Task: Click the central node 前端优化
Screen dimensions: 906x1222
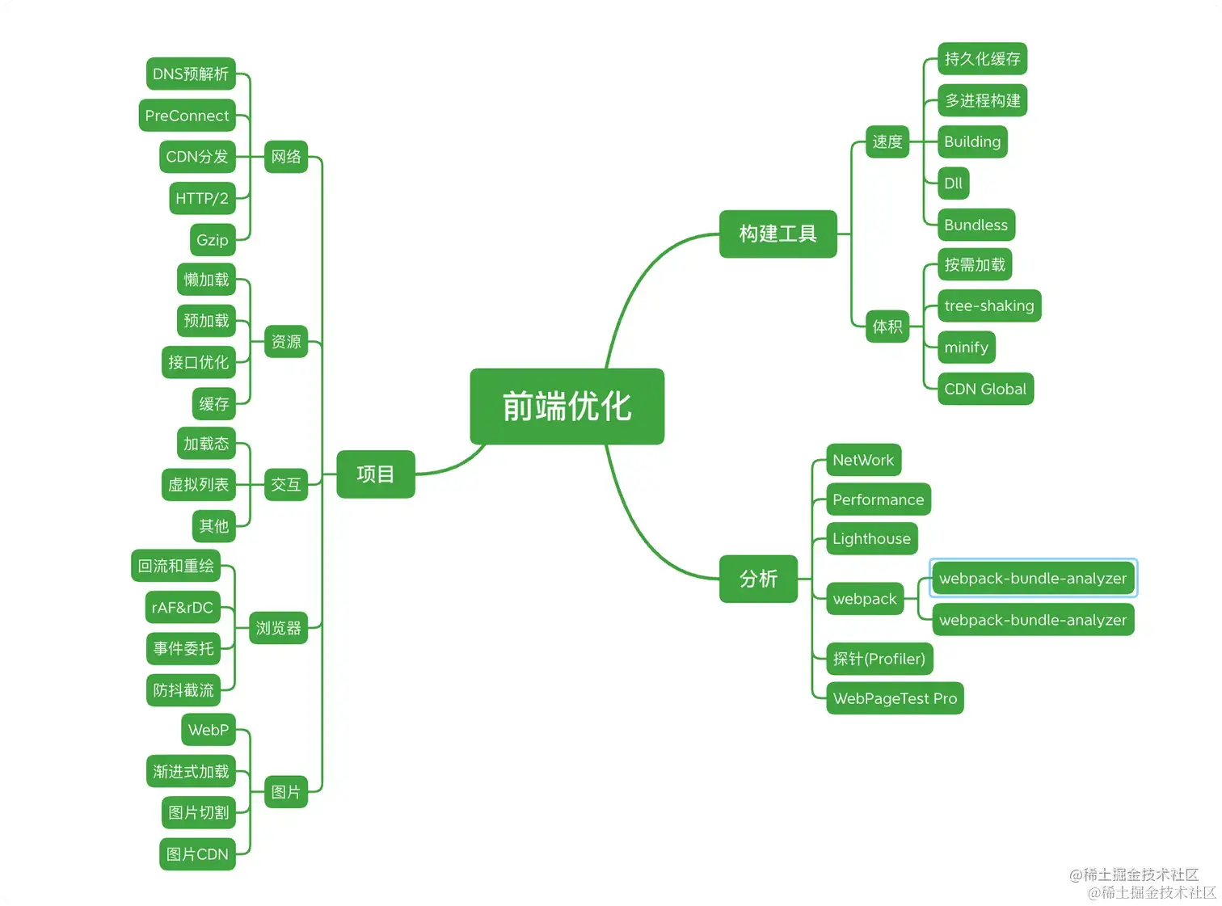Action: click(567, 407)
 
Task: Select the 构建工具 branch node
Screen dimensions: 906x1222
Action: click(777, 234)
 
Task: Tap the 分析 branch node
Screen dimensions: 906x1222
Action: click(758, 579)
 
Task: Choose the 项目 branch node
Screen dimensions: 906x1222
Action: click(375, 474)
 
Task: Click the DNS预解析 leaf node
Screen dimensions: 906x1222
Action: click(191, 74)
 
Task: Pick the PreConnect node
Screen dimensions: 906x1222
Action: click(187, 116)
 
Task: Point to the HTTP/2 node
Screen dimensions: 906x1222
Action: click(202, 198)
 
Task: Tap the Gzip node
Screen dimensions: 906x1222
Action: click(213, 240)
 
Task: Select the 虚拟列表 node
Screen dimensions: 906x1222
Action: click(198, 485)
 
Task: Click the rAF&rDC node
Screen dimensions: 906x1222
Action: click(183, 608)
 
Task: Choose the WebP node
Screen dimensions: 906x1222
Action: click(209, 730)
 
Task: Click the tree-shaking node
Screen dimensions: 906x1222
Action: click(988, 306)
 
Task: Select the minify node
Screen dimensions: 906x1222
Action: click(966, 348)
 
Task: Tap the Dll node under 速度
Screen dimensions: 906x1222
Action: click(953, 183)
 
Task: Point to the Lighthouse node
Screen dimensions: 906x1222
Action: click(871, 539)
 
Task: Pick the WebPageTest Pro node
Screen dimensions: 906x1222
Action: click(895, 698)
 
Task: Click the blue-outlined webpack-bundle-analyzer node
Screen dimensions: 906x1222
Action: click(1033, 579)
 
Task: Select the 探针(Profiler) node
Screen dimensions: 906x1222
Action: click(879, 659)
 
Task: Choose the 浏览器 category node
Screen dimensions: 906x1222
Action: click(278, 628)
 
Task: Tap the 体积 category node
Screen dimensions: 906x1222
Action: click(887, 327)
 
